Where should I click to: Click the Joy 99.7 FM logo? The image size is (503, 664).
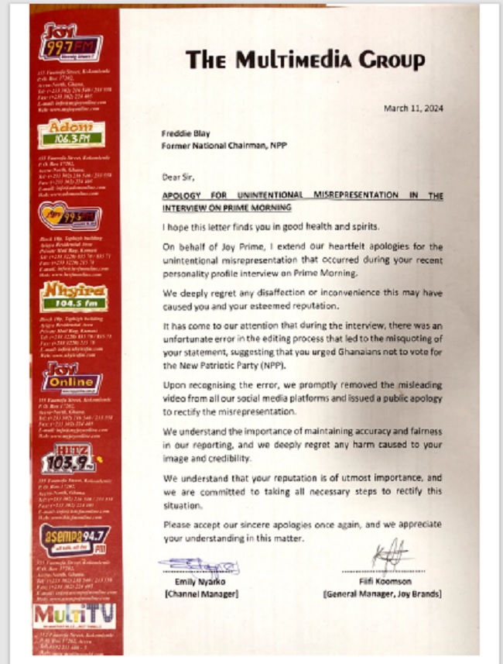(70, 46)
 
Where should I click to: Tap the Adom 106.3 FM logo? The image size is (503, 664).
(72, 133)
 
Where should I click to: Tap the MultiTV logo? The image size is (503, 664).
(74, 614)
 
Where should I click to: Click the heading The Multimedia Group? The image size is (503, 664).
(305, 60)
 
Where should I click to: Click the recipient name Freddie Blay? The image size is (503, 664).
(184, 132)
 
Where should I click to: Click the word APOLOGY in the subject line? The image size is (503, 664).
(186, 196)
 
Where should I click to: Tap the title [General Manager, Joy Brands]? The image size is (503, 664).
(382, 593)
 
